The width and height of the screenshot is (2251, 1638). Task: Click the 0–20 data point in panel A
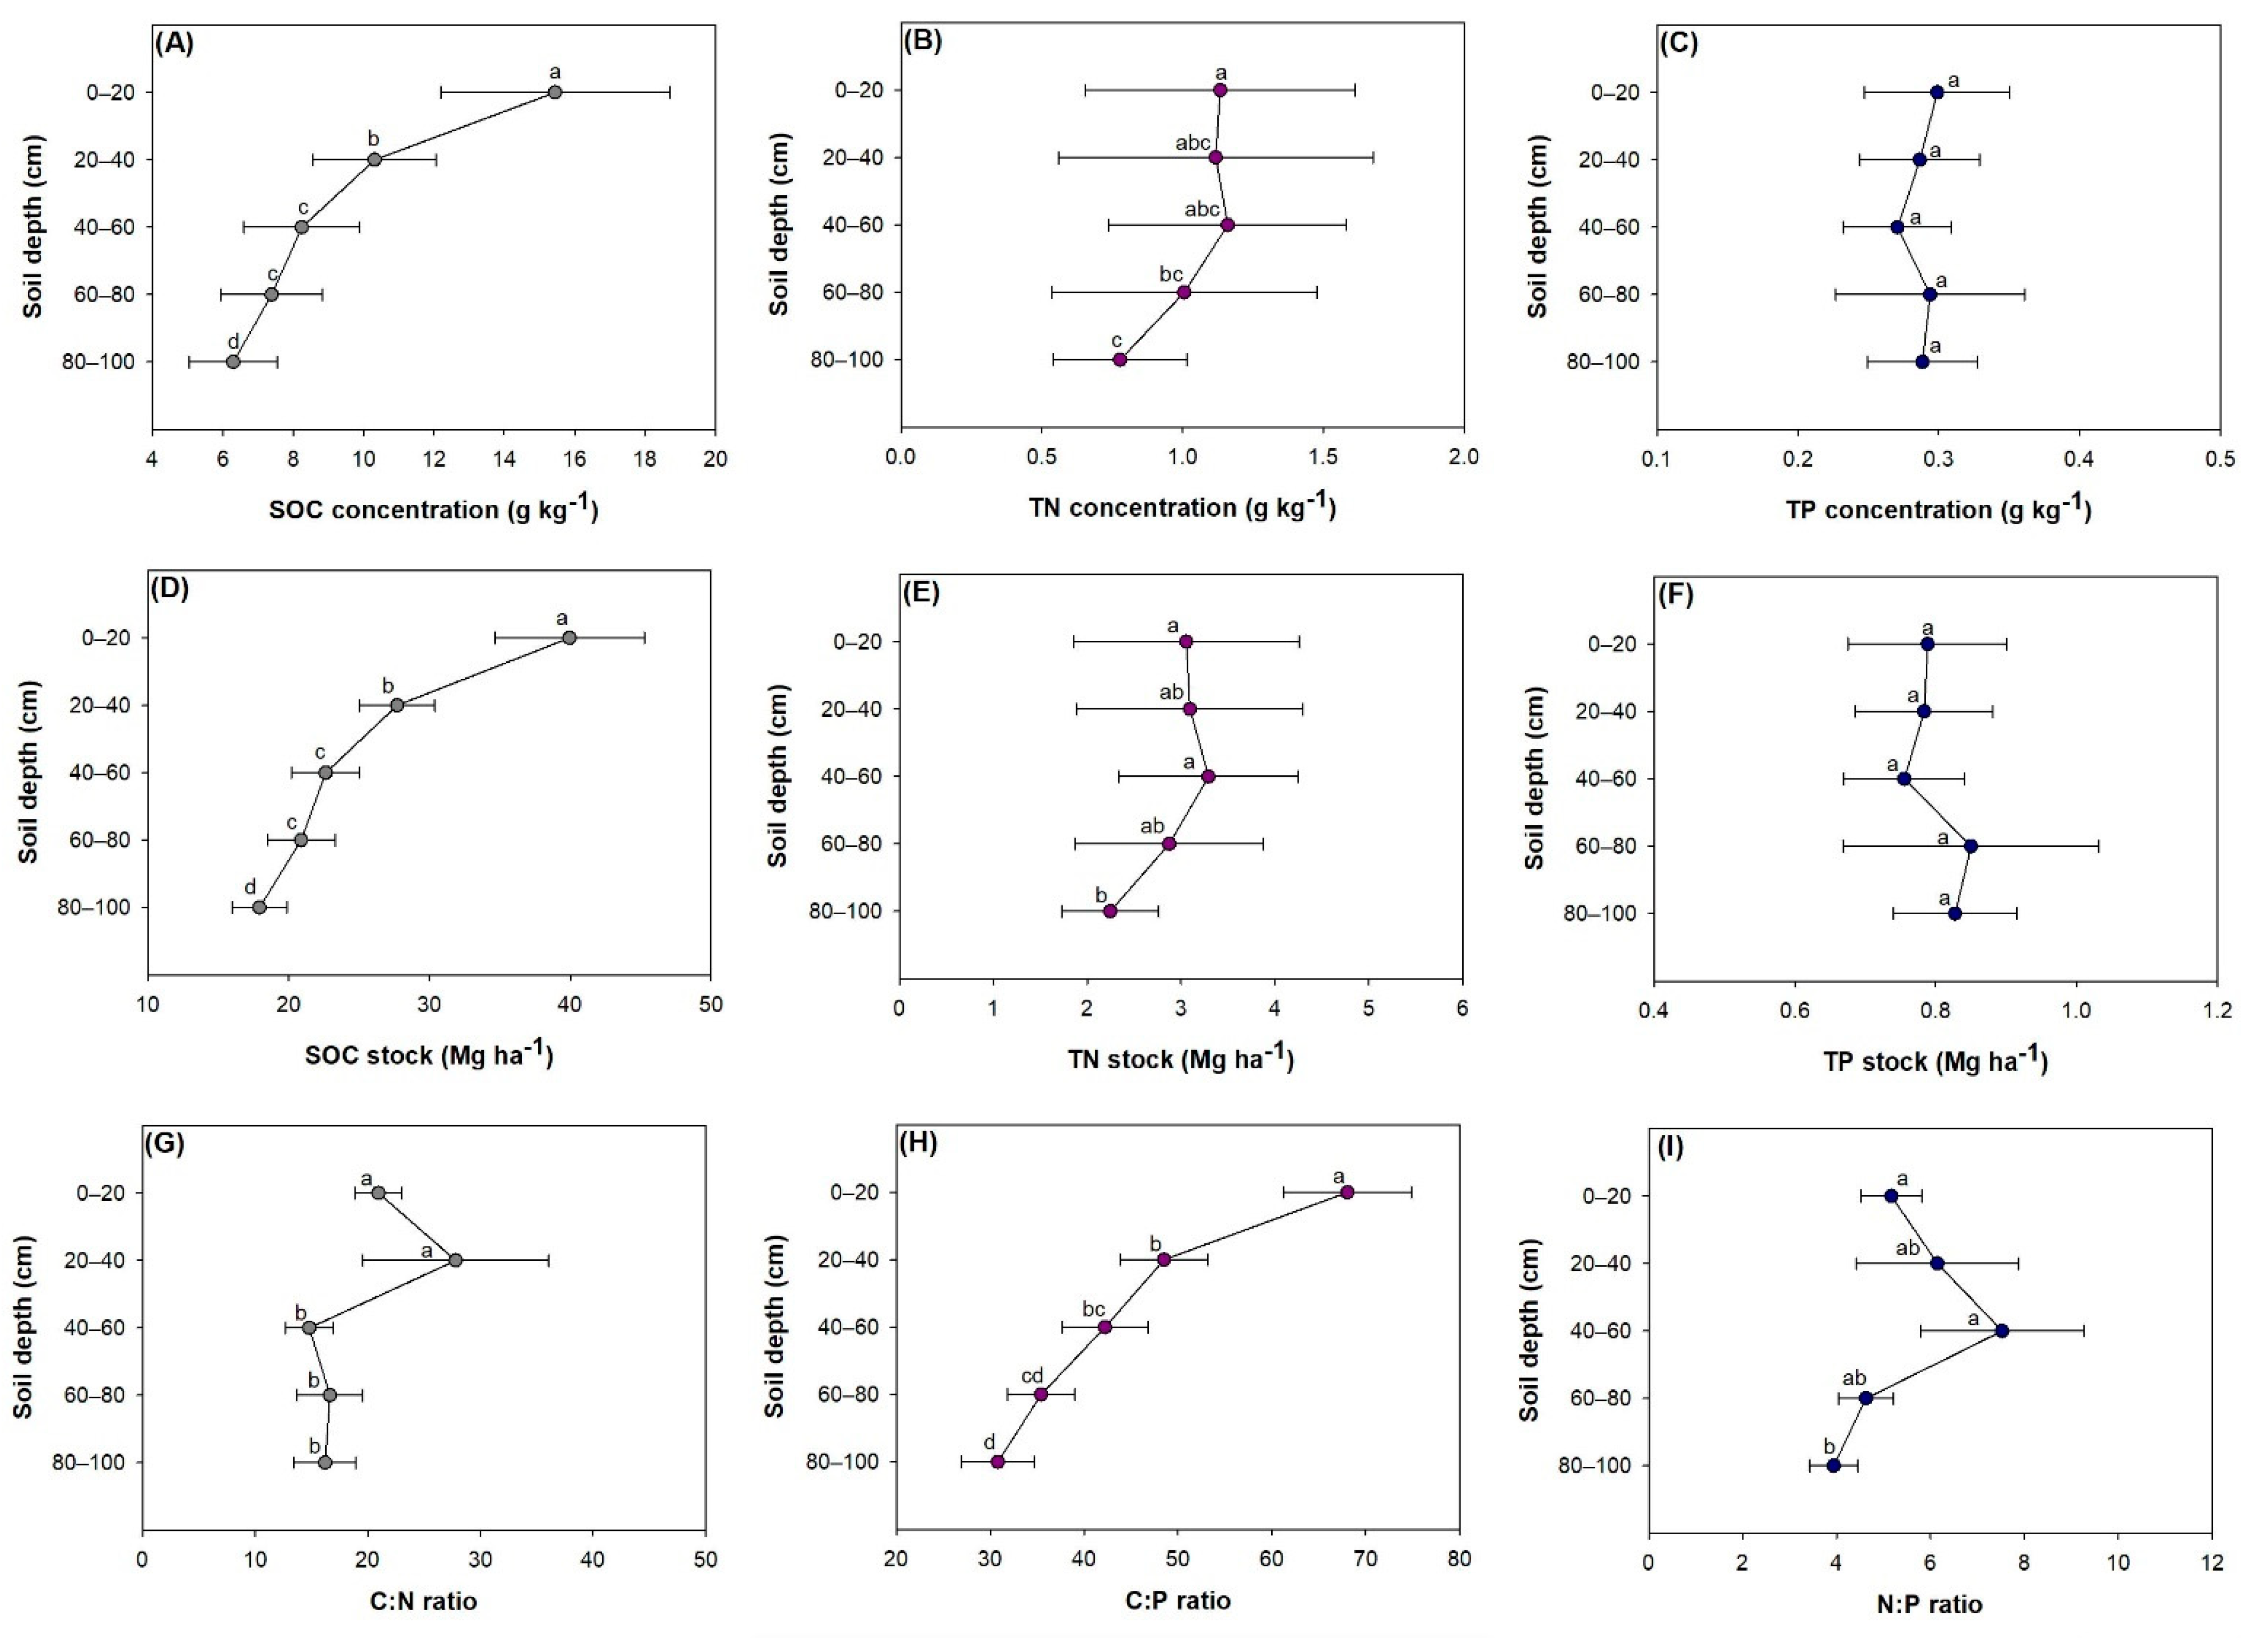pos(555,93)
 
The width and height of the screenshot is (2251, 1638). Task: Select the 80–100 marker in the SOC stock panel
pos(259,907)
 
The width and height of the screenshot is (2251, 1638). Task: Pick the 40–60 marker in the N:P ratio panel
pos(2002,1330)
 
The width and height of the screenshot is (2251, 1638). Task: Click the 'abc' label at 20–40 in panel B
pos(1193,142)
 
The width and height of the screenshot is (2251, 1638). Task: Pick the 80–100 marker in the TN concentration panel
pos(1119,359)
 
